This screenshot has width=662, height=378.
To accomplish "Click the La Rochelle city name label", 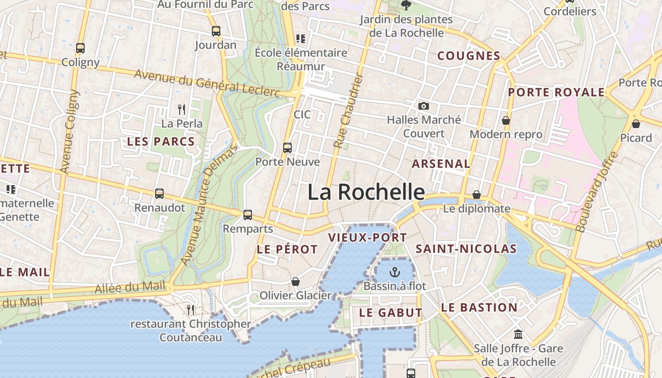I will point(366,192).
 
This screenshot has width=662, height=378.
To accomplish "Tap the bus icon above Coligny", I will point(80,48).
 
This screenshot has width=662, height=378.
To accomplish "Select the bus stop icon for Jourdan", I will point(216,31).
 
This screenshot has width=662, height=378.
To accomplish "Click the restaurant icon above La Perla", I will point(182,110).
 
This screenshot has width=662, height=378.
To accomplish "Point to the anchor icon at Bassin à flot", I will point(394,272).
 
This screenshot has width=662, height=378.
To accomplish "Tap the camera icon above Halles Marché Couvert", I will point(424,106).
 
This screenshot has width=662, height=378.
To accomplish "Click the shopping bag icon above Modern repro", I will point(506,120).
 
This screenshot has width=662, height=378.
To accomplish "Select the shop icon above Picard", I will point(636,124).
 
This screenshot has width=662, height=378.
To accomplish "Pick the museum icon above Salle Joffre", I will point(518,335).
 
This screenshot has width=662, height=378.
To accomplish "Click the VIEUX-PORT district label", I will point(367,238).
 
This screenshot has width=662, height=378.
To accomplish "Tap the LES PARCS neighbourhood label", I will point(161,141).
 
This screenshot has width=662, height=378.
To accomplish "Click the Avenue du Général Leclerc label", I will point(207,83).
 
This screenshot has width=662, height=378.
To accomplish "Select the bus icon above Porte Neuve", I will point(287,147).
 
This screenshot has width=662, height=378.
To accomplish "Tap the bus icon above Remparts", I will point(248,215).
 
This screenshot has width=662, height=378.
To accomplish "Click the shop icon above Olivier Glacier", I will point(296,282).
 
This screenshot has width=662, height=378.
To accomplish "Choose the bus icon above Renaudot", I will point(159,193).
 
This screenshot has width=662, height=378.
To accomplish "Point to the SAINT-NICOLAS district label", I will point(466,249).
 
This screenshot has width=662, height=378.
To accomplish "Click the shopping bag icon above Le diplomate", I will point(477,195).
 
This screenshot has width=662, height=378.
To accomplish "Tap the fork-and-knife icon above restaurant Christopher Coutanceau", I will point(191,309).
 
